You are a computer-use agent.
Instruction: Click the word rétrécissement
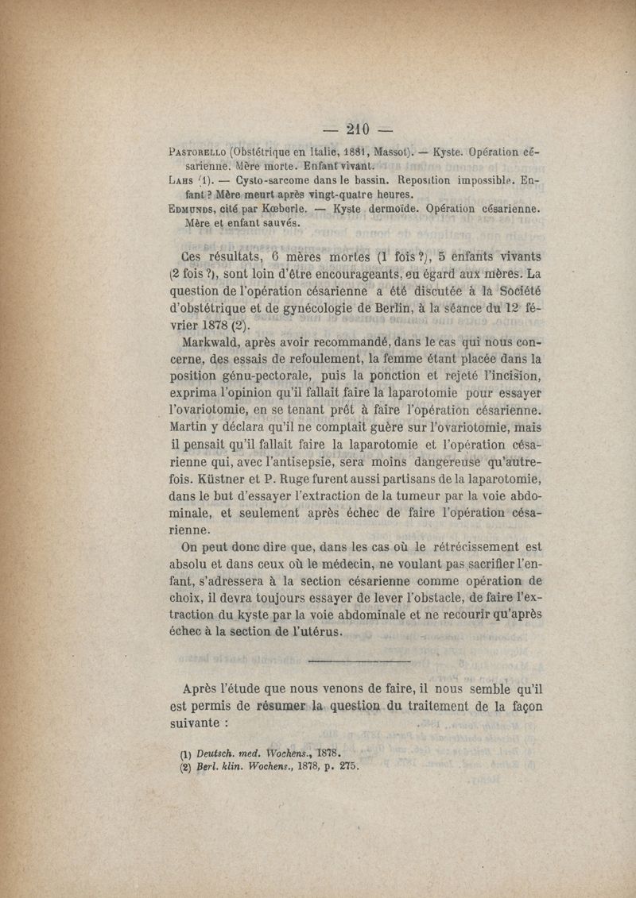475,546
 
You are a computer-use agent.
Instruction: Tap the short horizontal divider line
358,661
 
